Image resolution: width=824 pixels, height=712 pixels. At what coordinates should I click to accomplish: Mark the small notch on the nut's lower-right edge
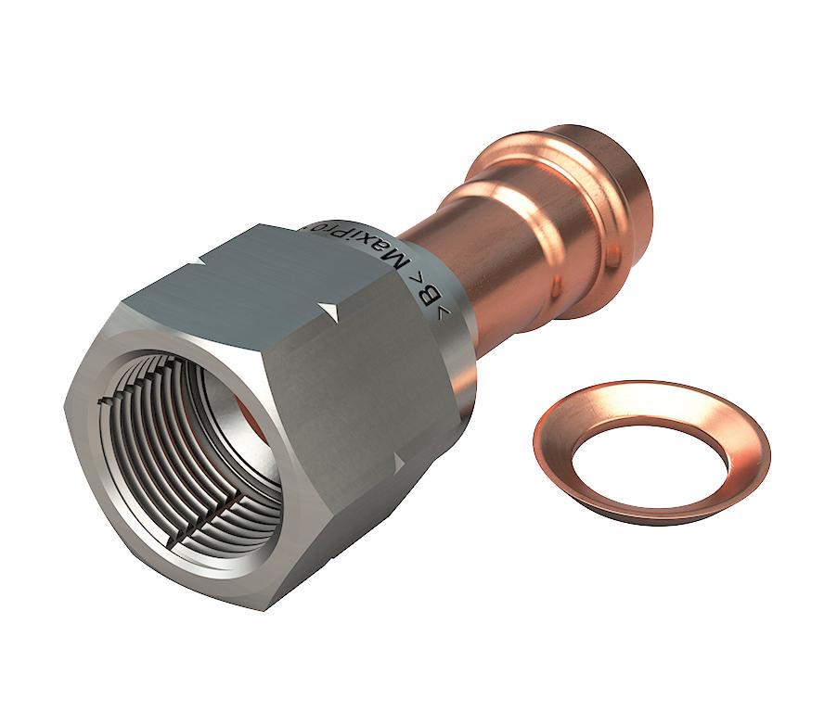pyautogui.click(x=401, y=461)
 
